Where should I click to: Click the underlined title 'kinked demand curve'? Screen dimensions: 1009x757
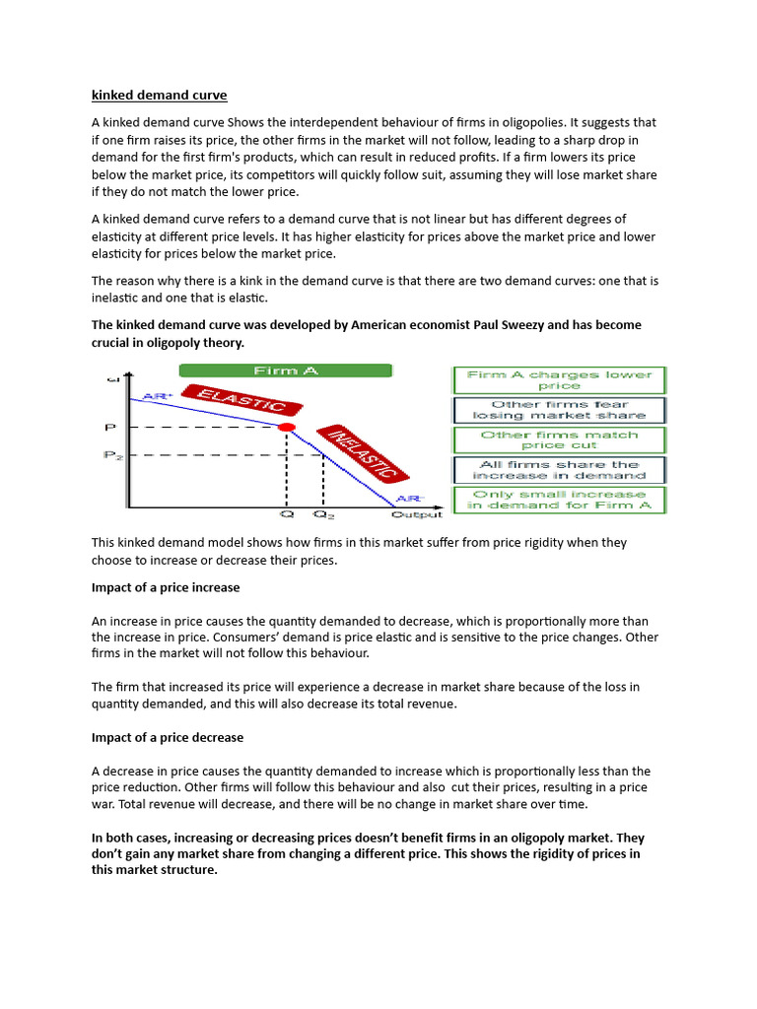[159, 96]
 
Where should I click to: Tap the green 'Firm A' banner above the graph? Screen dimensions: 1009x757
[285, 370]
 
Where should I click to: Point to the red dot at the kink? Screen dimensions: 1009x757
[287, 427]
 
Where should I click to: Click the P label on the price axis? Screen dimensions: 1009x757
[110, 428]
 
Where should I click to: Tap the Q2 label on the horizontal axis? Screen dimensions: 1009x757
[322, 513]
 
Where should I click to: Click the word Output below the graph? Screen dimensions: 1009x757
[417, 513]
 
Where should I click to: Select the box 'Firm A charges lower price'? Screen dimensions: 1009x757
[559, 380]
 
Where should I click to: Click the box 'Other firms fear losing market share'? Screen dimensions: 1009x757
[559, 410]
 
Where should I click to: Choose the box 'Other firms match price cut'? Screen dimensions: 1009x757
[559, 439]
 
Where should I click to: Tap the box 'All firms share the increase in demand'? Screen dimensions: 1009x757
[559, 470]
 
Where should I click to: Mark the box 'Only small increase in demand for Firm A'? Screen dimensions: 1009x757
[559, 500]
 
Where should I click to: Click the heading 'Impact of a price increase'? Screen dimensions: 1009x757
[166, 587]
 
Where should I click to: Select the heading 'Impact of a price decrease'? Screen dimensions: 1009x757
[168, 737]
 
